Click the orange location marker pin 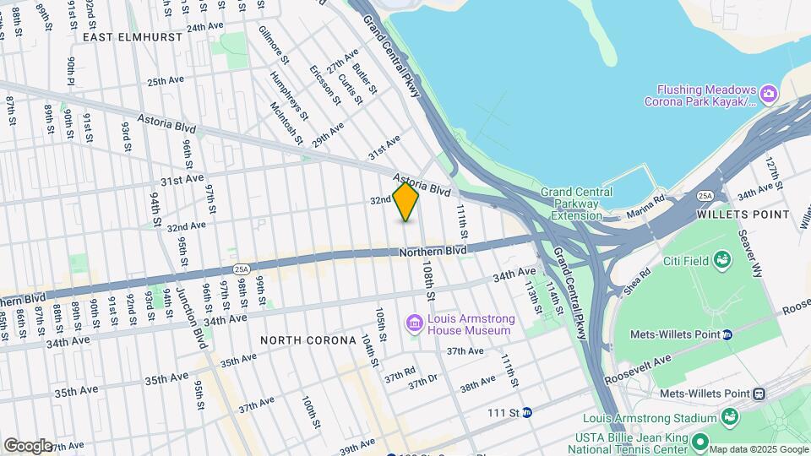click(x=405, y=202)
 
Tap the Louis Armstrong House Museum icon click(x=414, y=323)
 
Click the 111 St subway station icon click(x=527, y=413)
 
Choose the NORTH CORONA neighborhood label click(x=308, y=340)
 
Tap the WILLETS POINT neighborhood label click(x=743, y=214)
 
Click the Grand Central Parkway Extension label click(x=582, y=204)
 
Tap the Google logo click(x=27, y=446)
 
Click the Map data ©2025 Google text click(x=759, y=448)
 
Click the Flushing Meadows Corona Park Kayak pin click(x=768, y=91)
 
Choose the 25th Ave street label click(x=166, y=81)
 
